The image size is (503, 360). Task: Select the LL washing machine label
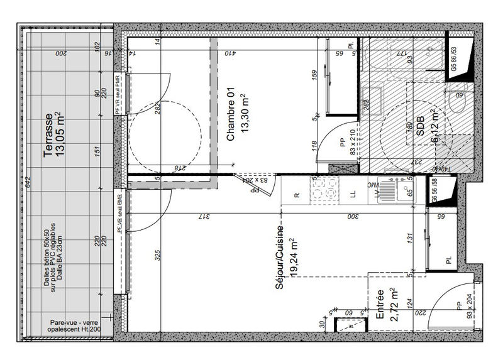[353, 195]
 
